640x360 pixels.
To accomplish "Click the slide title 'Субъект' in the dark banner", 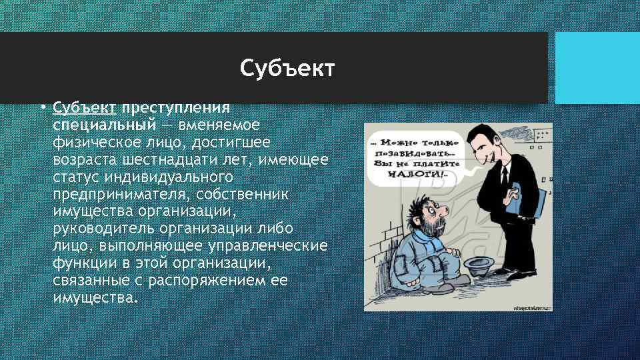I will tap(287, 67).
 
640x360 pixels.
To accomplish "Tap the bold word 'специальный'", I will tap(105, 125).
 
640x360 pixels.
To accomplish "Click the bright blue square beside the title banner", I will tap(597, 67).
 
